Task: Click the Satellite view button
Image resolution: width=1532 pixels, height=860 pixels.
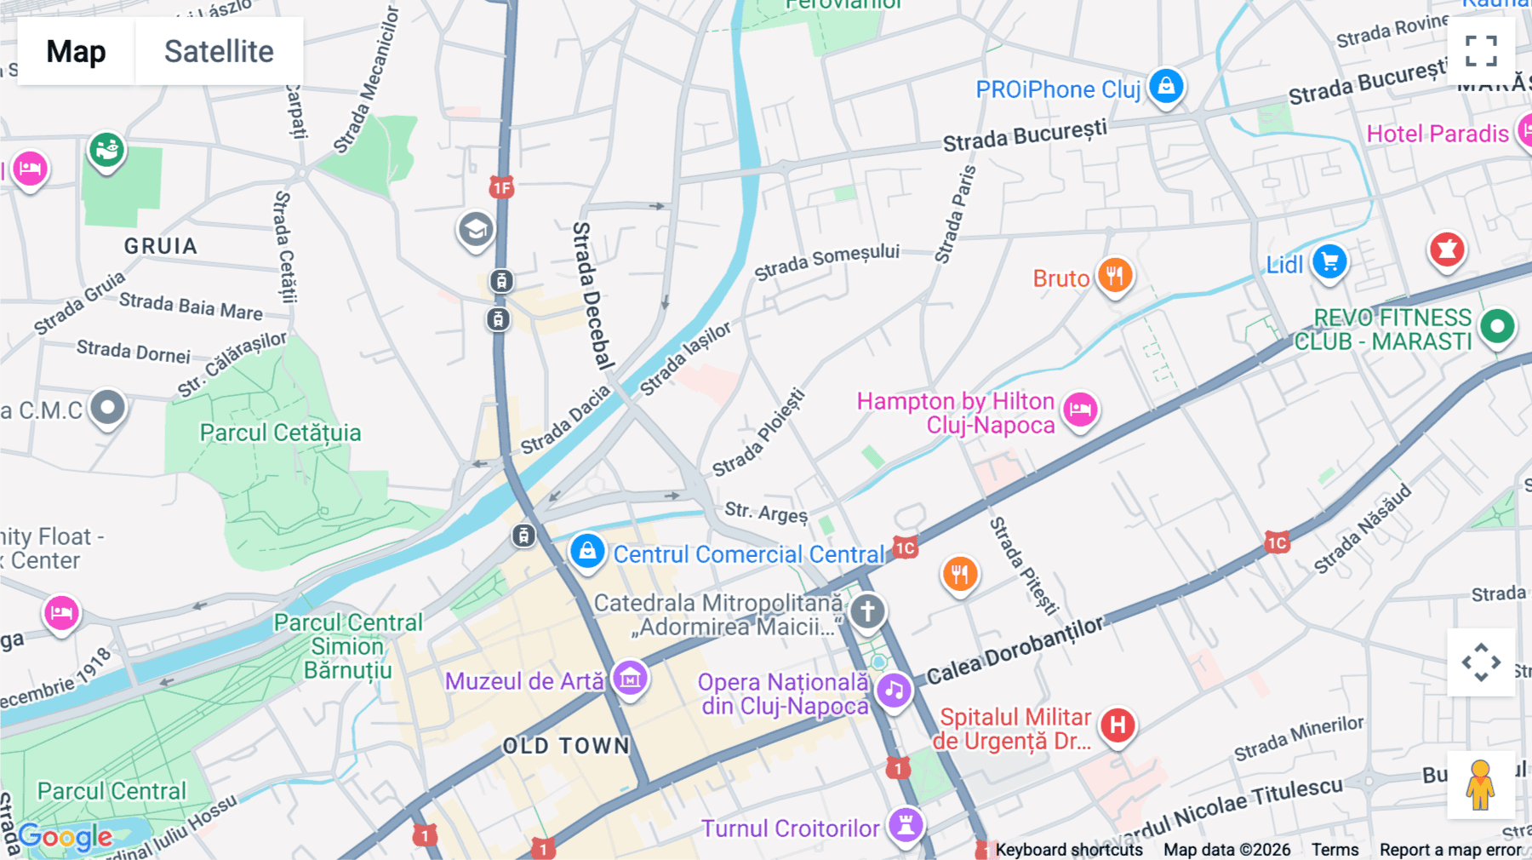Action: [x=219, y=51]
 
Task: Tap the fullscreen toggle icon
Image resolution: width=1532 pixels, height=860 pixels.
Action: [x=1481, y=51]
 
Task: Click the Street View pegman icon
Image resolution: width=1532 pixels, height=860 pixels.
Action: [x=1480, y=784]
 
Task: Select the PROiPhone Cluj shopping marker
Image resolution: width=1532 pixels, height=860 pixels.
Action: [x=1166, y=86]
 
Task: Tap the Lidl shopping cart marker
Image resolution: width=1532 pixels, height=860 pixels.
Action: [x=1329, y=262]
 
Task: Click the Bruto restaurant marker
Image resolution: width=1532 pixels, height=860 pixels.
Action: [x=1114, y=276]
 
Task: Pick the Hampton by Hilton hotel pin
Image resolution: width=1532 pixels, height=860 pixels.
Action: [x=1081, y=410]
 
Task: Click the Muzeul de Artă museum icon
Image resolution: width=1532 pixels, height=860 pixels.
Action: [x=631, y=679]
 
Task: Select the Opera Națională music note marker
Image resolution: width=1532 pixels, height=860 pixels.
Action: [x=894, y=690]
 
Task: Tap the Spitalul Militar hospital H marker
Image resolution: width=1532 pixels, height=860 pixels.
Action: [x=1118, y=725]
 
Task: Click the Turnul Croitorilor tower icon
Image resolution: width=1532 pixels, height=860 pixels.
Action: [x=906, y=824]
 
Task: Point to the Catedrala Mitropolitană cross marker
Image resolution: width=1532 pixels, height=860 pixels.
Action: [x=867, y=611]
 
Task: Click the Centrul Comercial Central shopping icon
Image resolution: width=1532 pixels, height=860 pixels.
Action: [x=587, y=551]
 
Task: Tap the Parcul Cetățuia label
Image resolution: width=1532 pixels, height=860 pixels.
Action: [x=280, y=433]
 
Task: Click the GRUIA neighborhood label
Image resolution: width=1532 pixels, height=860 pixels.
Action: [x=161, y=246]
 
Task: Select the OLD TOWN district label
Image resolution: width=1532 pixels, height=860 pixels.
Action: [x=566, y=746]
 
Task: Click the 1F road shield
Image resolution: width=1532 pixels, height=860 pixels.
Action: [x=501, y=187]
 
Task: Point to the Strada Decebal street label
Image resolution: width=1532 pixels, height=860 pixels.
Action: [x=593, y=295]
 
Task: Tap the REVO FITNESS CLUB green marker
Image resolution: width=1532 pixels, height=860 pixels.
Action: [x=1497, y=326]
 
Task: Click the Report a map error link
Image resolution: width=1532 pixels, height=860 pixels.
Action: [x=1450, y=850]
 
